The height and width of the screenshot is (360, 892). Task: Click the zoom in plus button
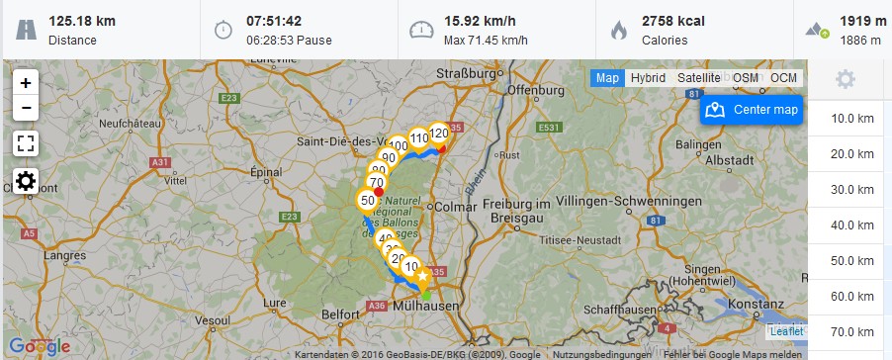pos(26,83)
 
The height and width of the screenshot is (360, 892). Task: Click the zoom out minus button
pos(26,108)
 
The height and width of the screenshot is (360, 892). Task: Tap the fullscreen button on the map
pos(26,143)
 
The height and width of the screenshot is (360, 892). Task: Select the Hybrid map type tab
pos(648,78)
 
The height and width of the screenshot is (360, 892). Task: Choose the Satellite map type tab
pos(699,78)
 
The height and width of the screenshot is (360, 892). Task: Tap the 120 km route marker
pos(439,134)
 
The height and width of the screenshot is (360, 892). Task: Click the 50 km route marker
pos(367,201)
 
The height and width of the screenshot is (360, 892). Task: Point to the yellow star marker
pos(422,277)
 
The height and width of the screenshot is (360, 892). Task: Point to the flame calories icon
pos(619,30)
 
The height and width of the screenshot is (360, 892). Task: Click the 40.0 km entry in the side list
pos(852,225)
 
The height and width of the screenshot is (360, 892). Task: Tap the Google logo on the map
pos(40,346)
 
